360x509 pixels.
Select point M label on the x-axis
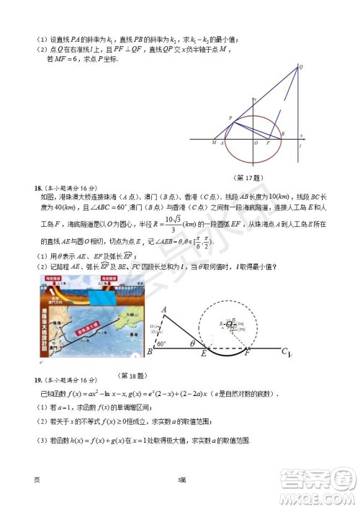(214, 143)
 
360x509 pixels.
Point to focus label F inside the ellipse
(269, 143)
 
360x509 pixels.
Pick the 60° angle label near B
(161, 343)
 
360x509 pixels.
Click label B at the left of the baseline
(149, 352)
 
